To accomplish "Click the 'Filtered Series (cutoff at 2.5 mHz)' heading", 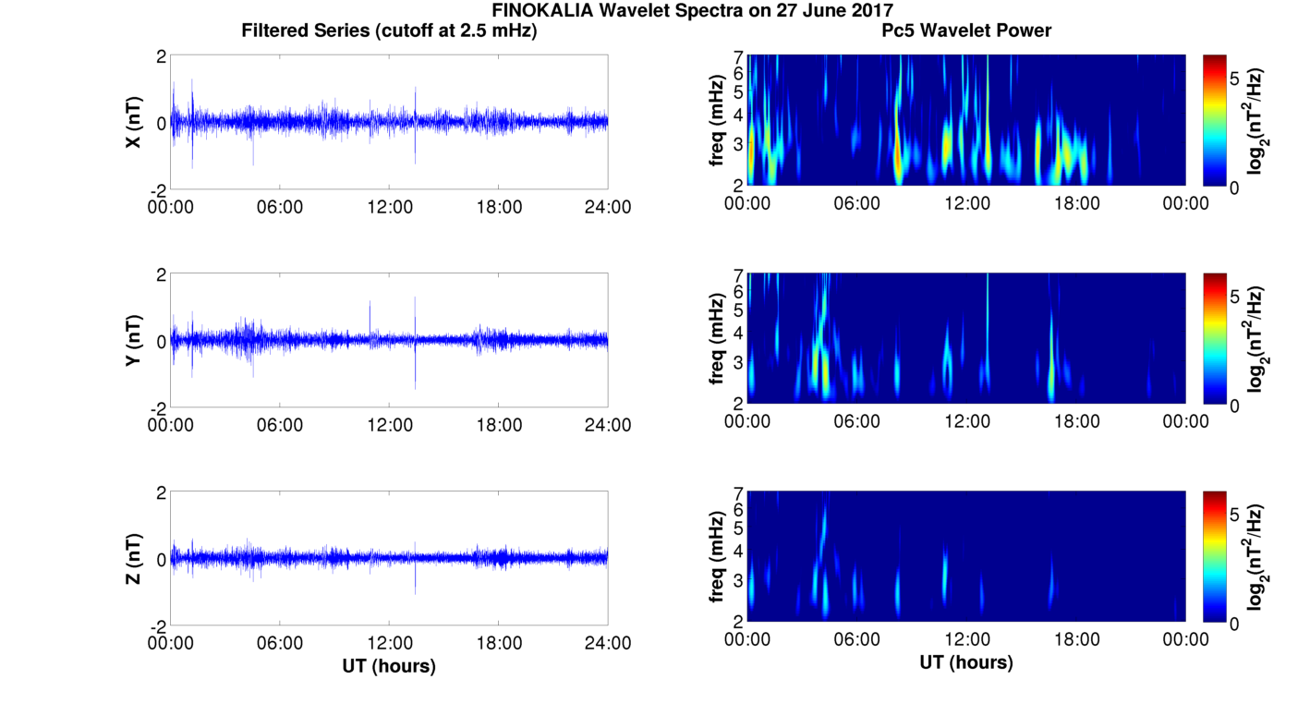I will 389,31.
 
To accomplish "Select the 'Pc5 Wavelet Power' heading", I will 966,31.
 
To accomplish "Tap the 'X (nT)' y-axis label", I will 134,123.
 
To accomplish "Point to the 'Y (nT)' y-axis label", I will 134,341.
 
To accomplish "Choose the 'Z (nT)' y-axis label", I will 134,559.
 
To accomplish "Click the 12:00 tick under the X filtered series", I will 390,207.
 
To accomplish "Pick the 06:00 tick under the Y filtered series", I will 280,425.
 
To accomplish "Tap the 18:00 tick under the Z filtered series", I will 499,643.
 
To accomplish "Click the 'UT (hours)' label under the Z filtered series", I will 389,665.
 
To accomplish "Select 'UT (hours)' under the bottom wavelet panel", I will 966,662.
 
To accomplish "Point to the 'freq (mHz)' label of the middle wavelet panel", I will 716,338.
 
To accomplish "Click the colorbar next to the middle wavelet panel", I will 1215,339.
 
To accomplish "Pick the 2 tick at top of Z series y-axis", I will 161,492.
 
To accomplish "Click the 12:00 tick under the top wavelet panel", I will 966,203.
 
